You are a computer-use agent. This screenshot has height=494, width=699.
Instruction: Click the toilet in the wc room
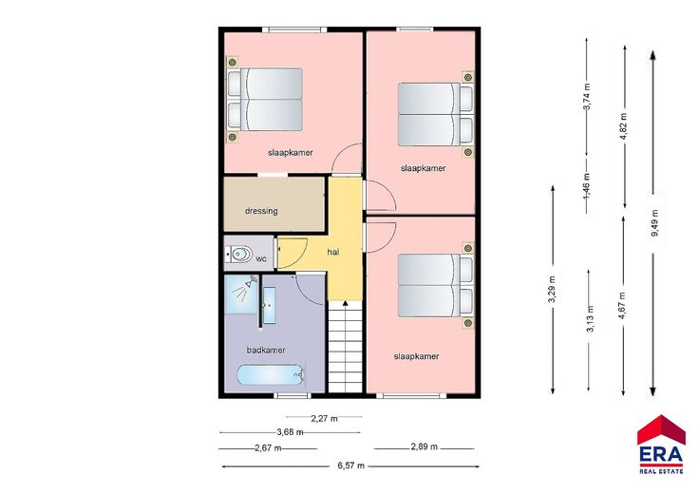(x=240, y=255)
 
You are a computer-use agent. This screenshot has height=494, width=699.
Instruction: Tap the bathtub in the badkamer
(x=271, y=375)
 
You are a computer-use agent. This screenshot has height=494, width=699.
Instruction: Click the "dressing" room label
(x=261, y=211)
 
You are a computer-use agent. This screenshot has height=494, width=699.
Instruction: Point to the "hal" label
(x=333, y=252)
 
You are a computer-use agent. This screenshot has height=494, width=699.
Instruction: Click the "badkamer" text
(x=266, y=350)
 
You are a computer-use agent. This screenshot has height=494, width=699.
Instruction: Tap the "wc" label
(x=261, y=258)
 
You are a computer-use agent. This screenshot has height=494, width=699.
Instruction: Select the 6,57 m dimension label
(x=350, y=465)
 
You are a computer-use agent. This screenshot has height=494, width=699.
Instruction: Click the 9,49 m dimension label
(x=654, y=223)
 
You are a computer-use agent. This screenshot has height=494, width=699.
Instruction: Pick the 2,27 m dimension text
(x=324, y=418)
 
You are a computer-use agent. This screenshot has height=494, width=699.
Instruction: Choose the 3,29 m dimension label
(x=552, y=290)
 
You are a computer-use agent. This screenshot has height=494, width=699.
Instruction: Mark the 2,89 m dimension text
(x=424, y=446)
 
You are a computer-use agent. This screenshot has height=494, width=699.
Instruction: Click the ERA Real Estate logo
(x=661, y=445)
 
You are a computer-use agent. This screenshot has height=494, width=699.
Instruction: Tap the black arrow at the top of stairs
(x=345, y=303)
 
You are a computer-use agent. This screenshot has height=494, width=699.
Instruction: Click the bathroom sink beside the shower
(x=269, y=305)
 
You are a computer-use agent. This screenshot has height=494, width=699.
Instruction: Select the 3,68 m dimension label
(x=290, y=432)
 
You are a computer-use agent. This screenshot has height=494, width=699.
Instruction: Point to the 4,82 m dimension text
(x=623, y=126)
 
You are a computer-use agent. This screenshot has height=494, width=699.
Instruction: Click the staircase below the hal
(x=345, y=347)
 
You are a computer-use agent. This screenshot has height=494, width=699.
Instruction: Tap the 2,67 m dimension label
(x=268, y=448)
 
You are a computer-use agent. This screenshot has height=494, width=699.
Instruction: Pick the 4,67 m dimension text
(x=622, y=305)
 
